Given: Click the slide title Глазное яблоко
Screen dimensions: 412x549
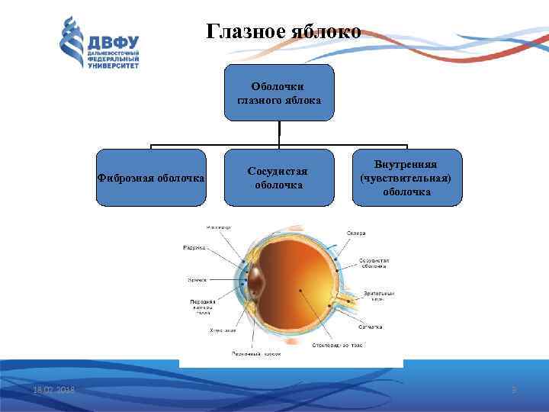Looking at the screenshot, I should pos(284,32).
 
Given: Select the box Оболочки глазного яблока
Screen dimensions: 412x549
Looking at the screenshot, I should pos(279,93).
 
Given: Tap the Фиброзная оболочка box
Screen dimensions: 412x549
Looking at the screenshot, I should pos(151,179).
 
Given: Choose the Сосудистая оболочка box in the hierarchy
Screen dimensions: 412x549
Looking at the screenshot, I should pos(279,179).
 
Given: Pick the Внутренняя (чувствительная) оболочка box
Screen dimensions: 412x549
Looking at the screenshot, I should pos(406,179).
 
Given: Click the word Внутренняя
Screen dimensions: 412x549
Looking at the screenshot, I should pos(406,164).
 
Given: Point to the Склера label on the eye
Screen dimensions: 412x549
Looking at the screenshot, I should pos(356,233).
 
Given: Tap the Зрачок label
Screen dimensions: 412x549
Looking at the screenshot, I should pos(197,280).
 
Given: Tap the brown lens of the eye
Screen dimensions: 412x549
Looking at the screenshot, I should pos(256,281).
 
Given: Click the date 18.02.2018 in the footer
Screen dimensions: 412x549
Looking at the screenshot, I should pos(53,391).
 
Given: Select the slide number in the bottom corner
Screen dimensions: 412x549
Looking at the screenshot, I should pos(513,391).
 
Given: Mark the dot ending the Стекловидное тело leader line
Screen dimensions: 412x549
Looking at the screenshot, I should pos(300,290).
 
